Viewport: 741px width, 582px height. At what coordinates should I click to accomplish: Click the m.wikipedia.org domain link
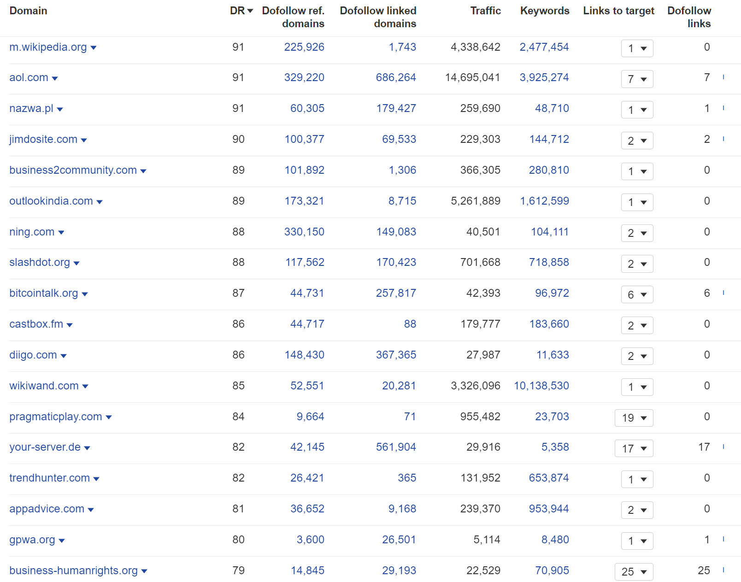(48, 47)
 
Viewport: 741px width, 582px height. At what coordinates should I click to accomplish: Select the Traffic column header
(485, 11)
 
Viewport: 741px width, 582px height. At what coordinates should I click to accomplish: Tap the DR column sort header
(241, 11)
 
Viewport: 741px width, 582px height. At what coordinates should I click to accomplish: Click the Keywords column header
(545, 11)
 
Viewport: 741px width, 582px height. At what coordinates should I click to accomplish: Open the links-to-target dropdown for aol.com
(637, 79)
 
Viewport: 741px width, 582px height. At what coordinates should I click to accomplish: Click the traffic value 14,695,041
(472, 77)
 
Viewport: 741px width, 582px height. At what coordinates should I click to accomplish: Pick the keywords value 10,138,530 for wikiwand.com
(541, 386)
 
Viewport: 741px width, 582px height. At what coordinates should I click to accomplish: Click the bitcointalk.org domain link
(44, 293)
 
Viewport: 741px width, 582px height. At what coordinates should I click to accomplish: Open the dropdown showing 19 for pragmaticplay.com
(634, 417)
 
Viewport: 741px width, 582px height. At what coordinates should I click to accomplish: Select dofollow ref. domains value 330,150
(304, 232)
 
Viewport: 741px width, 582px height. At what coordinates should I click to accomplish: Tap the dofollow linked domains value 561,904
(396, 447)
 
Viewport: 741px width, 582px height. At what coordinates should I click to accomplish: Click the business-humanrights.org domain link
(73, 570)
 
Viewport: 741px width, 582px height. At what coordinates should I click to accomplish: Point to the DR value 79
(238, 570)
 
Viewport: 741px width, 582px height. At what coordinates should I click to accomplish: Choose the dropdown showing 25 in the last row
(634, 571)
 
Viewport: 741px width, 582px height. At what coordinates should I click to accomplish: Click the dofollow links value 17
(704, 447)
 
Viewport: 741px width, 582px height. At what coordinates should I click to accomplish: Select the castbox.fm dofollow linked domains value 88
(410, 324)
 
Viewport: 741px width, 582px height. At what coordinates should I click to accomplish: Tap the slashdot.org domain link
(40, 262)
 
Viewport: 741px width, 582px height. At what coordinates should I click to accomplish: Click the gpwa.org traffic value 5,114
(487, 540)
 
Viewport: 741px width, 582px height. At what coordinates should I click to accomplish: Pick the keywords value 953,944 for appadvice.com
(549, 509)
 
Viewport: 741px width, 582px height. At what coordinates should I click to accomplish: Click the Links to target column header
(618, 11)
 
